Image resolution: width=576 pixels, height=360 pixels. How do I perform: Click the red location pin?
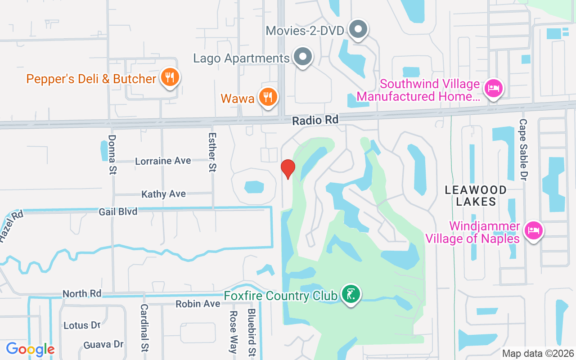(x=288, y=169)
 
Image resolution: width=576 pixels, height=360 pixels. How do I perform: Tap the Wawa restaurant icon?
(x=268, y=97)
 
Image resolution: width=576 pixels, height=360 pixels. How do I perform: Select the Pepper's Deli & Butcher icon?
(x=170, y=78)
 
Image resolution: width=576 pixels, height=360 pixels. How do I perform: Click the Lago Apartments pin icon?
(x=303, y=57)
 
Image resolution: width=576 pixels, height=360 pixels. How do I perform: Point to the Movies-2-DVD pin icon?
(x=358, y=30)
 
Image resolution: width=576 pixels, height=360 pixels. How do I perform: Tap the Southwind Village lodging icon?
(x=494, y=87)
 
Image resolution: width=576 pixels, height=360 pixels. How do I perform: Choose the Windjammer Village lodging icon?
(x=533, y=230)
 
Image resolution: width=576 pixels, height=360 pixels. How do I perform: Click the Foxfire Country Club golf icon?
(x=351, y=295)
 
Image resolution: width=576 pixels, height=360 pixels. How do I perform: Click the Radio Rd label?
(x=315, y=120)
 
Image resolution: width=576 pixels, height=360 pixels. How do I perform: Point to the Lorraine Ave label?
(x=163, y=161)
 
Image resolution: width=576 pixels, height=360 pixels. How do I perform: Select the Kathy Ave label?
(x=163, y=194)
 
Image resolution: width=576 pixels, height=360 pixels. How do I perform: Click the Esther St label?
(x=212, y=152)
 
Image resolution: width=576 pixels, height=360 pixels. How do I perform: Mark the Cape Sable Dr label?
(x=523, y=147)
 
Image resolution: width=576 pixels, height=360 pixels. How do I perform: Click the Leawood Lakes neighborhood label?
(x=476, y=196)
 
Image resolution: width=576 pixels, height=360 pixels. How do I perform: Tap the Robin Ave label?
(x=198, y=304)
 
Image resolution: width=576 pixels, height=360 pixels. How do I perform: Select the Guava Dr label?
(x=103, y=345)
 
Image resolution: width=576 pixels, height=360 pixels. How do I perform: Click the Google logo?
(x=30, y=349)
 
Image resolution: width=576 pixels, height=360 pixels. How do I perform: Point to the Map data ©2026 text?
(x=538, y=353)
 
